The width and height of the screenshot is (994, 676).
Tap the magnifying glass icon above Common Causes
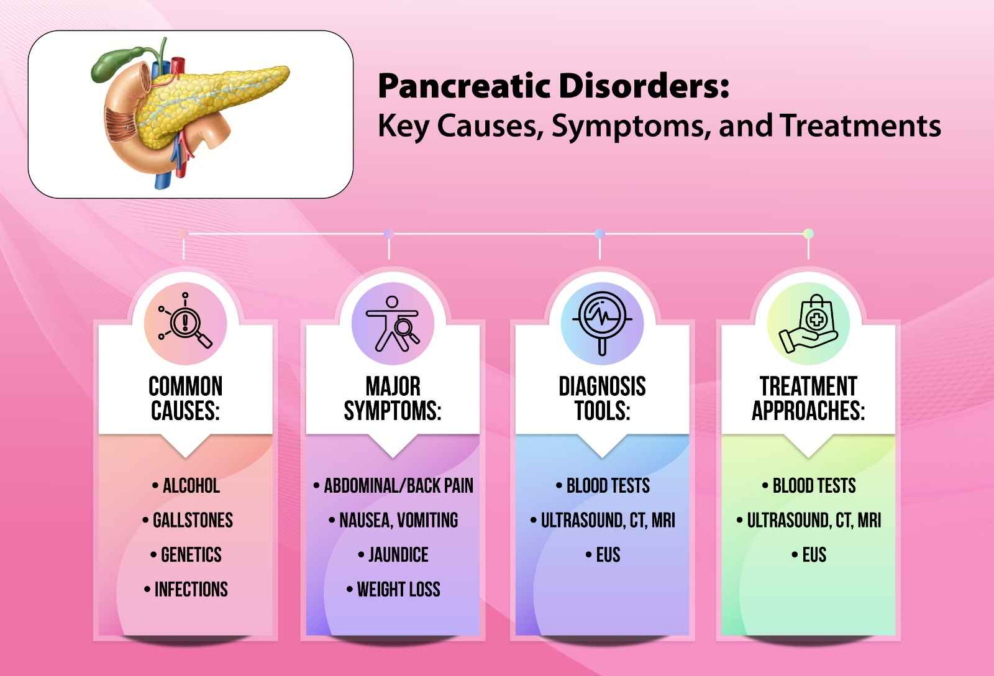click(x=185, y=323)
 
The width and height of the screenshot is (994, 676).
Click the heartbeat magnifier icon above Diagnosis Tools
click(x=601, y=323)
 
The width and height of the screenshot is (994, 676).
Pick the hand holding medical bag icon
click(x=808, y=323)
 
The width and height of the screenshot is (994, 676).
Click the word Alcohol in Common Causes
click(x=191, y=486)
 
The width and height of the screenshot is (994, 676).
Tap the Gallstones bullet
click(x=193, y=520)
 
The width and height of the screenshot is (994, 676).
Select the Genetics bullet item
click(x=191, y=555)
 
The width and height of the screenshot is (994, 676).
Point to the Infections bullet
click(x=191, y=589)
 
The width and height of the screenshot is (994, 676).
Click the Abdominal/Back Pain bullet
click(x=398, y=486)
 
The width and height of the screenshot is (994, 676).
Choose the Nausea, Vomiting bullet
click(x=398, y=520)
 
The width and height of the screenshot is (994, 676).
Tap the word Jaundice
click(x=398, y=555)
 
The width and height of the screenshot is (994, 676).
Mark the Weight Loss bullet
click(x=398, y=589)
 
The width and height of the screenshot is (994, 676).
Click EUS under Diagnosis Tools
click(x=608, y=555)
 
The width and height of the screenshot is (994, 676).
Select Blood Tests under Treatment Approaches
click(x=814, y=486)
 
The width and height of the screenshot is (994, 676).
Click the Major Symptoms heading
click(x=393, y=398)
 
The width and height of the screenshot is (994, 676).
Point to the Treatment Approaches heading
click(x=808, y=398)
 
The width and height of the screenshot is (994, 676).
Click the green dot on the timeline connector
click(x=808, y=234)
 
